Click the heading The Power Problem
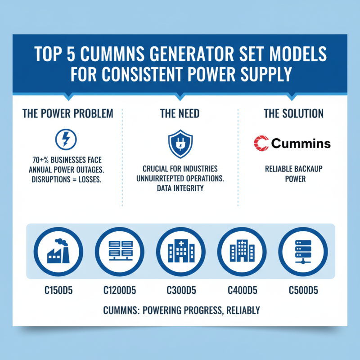click(x=68, y=113)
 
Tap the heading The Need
click(x=180, y=113)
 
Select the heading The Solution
click(x=293, y=113)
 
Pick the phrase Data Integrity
click(x=180, y=188)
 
